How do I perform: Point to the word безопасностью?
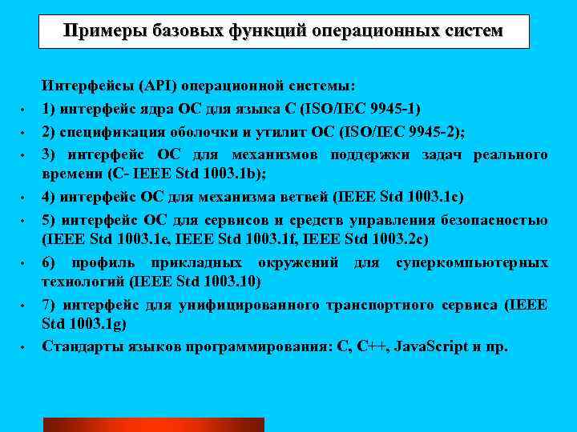tap(498, 219)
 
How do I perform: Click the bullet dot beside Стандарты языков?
tap(25, 348)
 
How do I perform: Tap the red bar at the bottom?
tap(153, 424)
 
